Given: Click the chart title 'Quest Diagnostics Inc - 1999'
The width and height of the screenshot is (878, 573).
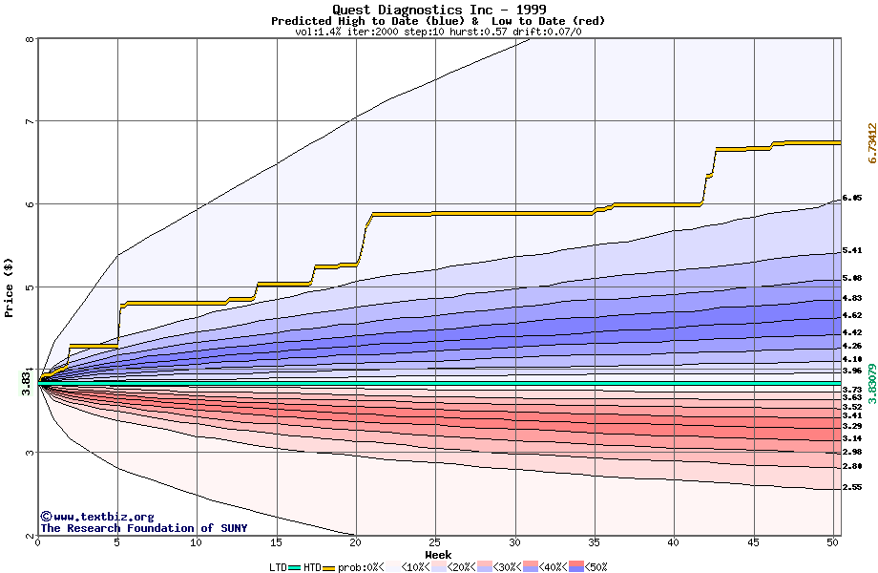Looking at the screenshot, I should click(x=438, y=10).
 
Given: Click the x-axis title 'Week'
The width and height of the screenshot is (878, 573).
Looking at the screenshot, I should click(x=438, y=555).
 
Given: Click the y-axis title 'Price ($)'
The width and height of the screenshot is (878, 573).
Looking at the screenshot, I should click(x=10, y=287).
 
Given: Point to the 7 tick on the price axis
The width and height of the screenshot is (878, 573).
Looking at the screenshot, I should click(x=30, y=121).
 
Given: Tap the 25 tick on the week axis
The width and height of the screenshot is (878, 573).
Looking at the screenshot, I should click(x=435, y=542).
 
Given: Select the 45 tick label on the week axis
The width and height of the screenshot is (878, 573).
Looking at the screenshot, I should click(x=754, y=542).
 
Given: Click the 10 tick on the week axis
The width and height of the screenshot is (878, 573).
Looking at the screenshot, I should click(x=197, y=542).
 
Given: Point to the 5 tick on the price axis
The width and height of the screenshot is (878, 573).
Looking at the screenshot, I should click(x=30, y=286).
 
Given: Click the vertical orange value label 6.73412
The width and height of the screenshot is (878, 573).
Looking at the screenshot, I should click(x=871, y=143).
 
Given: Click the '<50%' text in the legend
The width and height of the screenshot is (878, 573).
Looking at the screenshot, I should click(x=595, y=567).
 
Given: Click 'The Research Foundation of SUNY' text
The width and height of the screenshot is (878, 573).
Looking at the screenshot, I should click(x=143, y=528).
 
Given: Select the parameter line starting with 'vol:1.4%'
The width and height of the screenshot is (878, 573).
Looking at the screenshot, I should click(x=438, y=32).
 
